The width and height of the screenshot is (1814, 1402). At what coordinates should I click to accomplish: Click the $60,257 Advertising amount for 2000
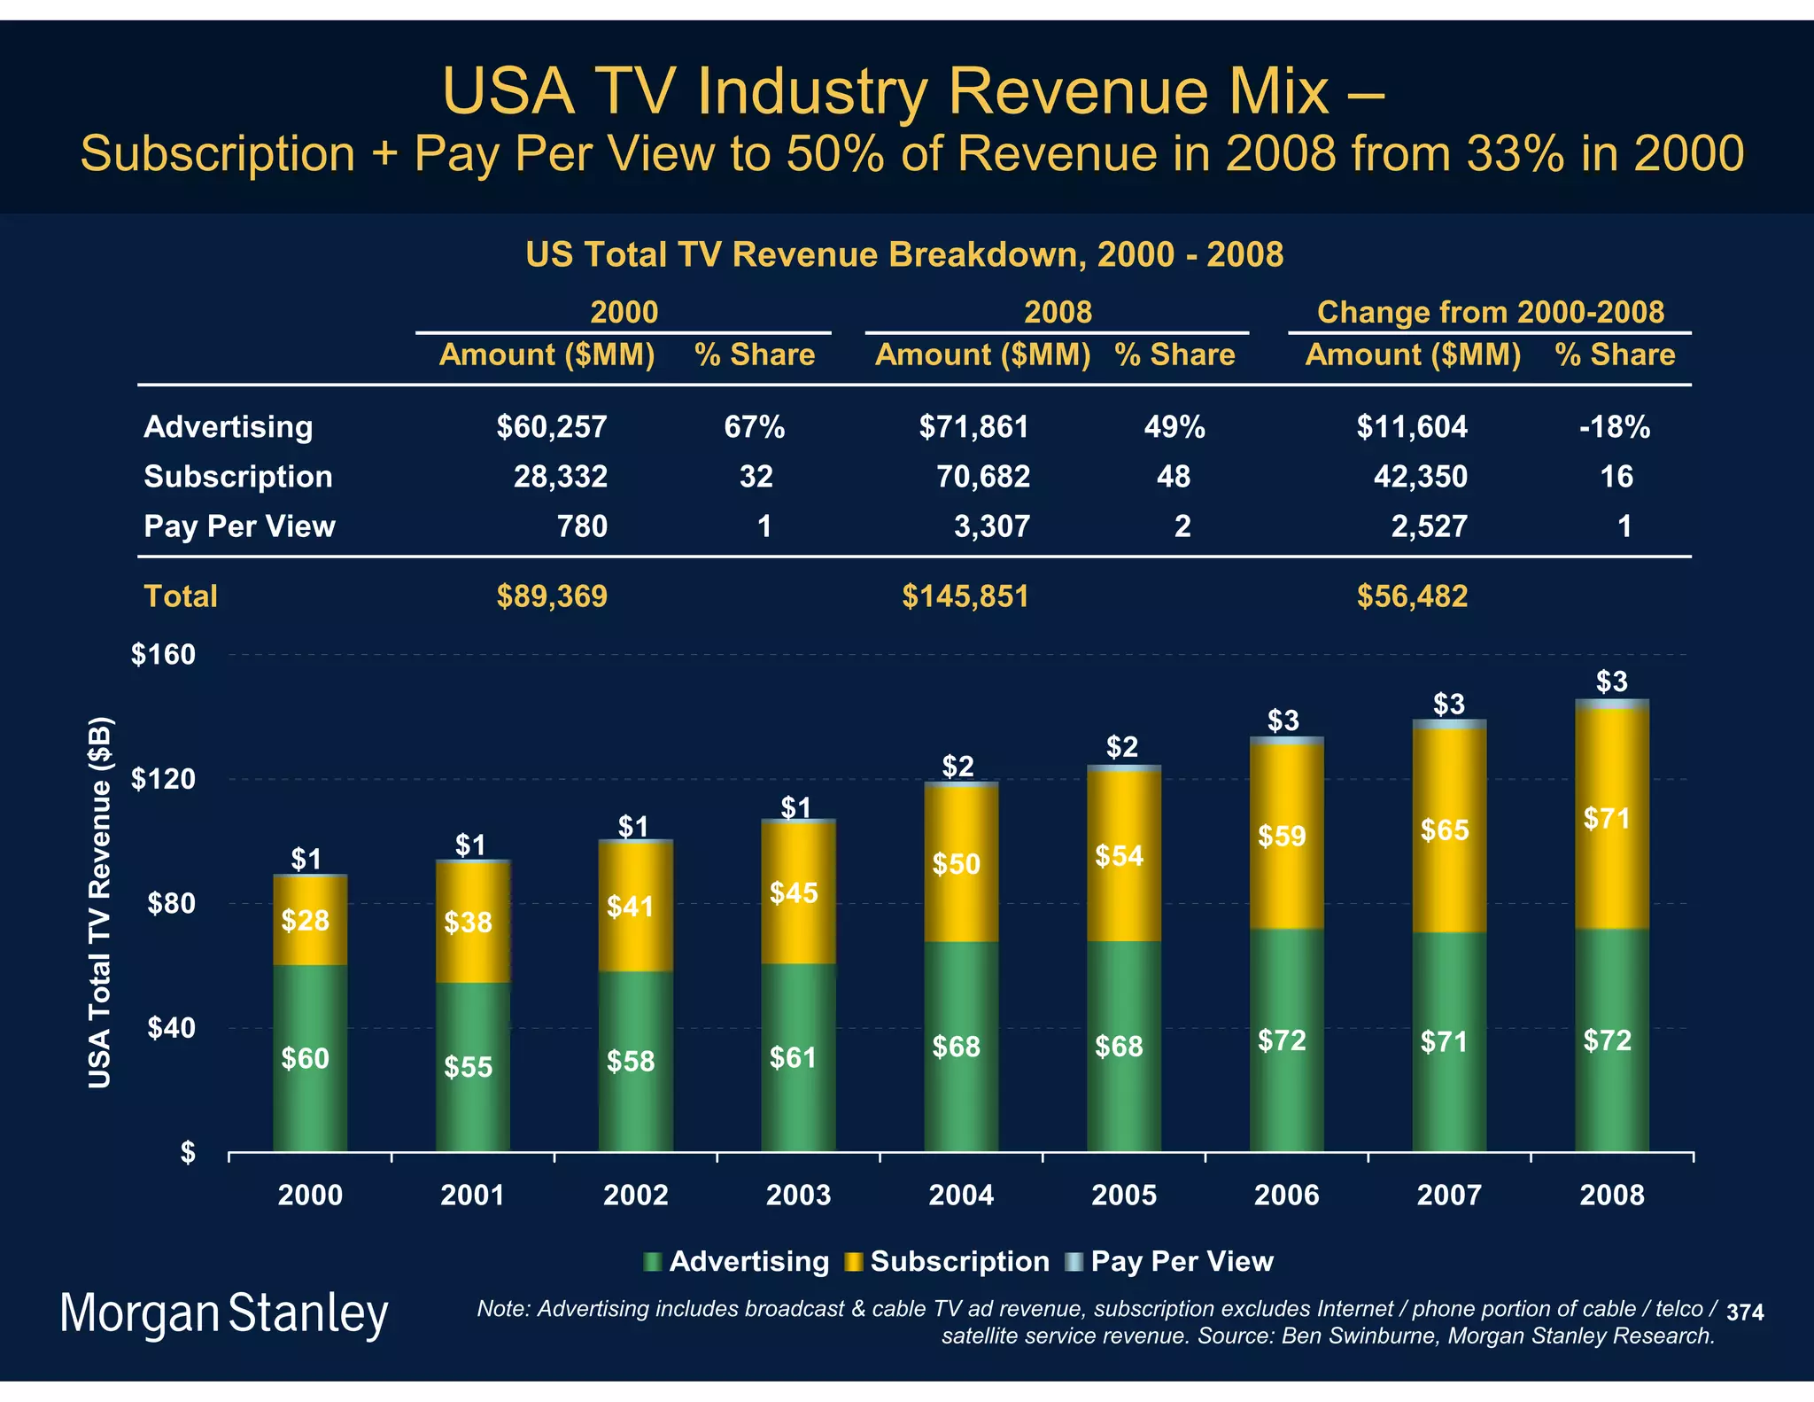click(x=551, y=427)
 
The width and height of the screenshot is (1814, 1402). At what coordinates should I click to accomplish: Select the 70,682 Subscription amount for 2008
click(x=983, y=477)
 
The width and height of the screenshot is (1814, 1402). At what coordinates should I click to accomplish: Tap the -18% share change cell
click(x=1614, y=427)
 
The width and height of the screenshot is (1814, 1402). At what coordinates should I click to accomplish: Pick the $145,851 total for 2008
click(x=965, y=596)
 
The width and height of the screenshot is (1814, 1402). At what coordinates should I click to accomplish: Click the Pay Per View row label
click(x=239, y=526)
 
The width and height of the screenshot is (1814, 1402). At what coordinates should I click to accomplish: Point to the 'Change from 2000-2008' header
click(x=1490, y=313)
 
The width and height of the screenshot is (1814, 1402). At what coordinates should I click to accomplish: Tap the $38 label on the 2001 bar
click(x=468, y=923)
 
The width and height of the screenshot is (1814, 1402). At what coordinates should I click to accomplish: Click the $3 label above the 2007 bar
click(x=1449, y=705)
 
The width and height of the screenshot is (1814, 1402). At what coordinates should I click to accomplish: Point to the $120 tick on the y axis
click(x=163, y=780)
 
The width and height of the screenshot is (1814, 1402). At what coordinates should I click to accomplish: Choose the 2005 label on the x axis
click(x=1123, y=1196)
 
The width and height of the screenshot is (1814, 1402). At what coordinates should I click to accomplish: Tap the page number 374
click(x=1745, y=1312)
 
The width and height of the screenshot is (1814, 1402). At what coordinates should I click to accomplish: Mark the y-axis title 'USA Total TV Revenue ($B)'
click(x=100, y=902)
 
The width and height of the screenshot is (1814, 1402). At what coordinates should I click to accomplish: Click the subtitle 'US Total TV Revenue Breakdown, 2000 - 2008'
click(x=903, y=255)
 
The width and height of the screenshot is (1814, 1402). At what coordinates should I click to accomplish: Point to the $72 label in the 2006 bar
click(x=1282, y=1040)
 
